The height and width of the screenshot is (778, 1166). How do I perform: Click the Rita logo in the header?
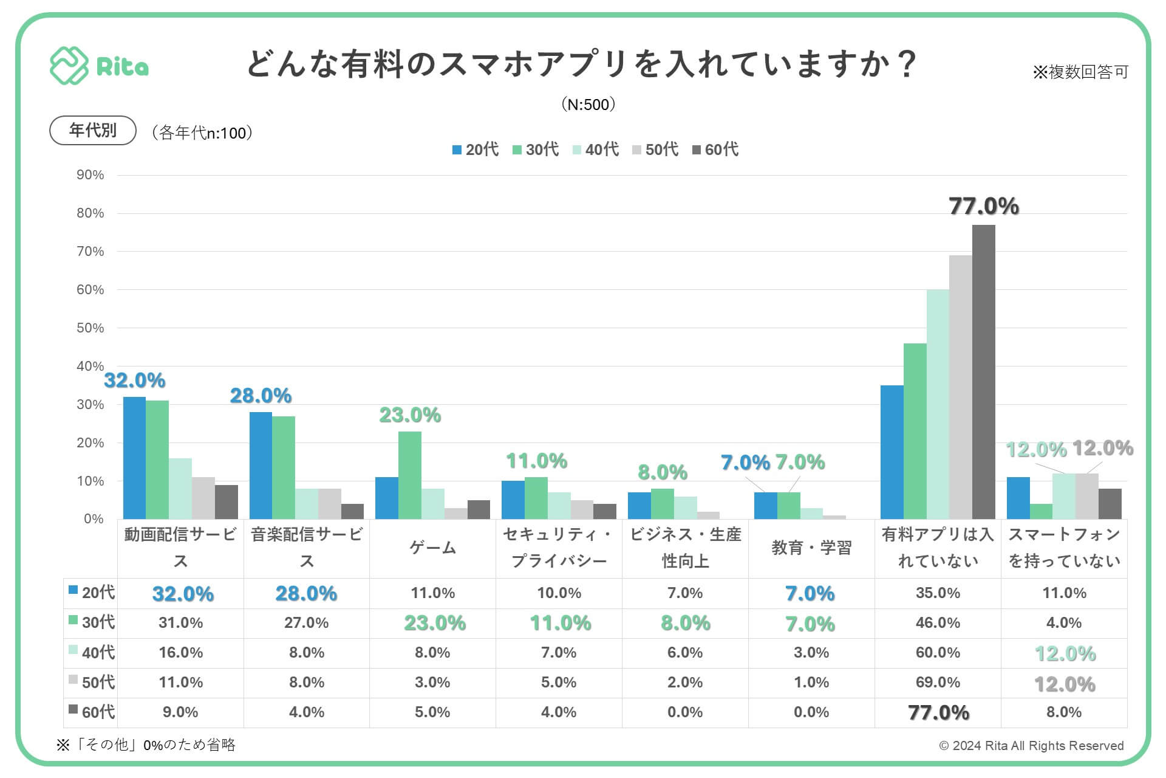click(x=99, y=66)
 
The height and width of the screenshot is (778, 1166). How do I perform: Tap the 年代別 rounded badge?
click(x=92, y=130)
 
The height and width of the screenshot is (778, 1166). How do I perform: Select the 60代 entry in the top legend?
click(x=715, y=150)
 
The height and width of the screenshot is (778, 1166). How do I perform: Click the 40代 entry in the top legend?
click(x=596, y=150)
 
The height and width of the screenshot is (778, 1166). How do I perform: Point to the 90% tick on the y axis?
click(x=90, y=175)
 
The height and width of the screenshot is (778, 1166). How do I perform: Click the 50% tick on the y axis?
click(x=90, y=328)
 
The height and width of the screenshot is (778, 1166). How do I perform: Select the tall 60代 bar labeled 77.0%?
click(x=983, y=371)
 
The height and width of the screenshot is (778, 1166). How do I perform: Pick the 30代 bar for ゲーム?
click(x=409, y=475)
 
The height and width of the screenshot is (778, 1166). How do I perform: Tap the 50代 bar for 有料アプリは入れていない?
click(x=960, y=387)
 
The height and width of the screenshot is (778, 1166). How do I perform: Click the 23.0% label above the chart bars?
click(x=410, y=415)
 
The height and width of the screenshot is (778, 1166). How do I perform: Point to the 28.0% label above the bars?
click(x=261, y=396)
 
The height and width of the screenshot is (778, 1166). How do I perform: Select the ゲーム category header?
click(x=432, y=548)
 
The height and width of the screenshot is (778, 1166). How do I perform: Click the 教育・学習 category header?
click(x=811, y=548)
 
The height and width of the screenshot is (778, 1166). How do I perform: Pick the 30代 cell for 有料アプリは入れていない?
click(x=938, y=622)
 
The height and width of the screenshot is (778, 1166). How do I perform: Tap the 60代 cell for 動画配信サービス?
click(x=180, y=712)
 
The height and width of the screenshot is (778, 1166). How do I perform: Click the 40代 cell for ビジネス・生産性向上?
click(x=685, y=652)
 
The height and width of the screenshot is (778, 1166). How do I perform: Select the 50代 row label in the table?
click(x=91, y=682)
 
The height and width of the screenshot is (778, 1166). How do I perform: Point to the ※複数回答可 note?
click(x=1080, y=72)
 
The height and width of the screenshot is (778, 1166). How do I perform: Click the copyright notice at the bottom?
click(x=1031, y=746)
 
